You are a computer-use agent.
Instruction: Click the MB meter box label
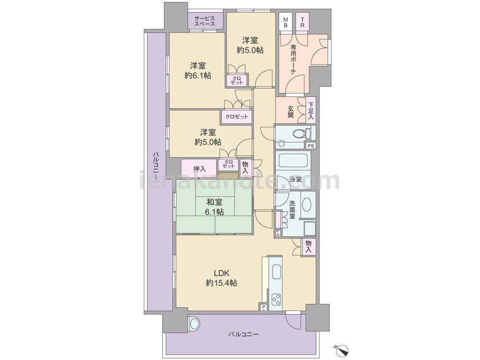click(x=285, y=22)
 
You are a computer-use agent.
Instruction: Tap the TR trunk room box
click(x=302, y=22)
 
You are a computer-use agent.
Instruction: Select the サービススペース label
click(x=204, y=21)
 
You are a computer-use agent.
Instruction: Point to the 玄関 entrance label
click(x=290, y=112)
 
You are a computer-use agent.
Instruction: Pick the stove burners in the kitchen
click(x=276, y=299)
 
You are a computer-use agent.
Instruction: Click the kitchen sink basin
click(x=276, y=271)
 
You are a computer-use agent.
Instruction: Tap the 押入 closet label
click(x=200, y=168)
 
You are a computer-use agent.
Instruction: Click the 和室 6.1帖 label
click(x=214, y=206)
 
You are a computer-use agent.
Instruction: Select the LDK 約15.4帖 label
click(x=221, y=278)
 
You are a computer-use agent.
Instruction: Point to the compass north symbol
click(x=342, y=349)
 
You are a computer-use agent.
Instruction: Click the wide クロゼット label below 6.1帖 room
click(x=237, y=117)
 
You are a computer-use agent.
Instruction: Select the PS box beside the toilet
click(x=311, y=146)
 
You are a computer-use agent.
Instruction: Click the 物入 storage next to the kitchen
click(x=309, y=246)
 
